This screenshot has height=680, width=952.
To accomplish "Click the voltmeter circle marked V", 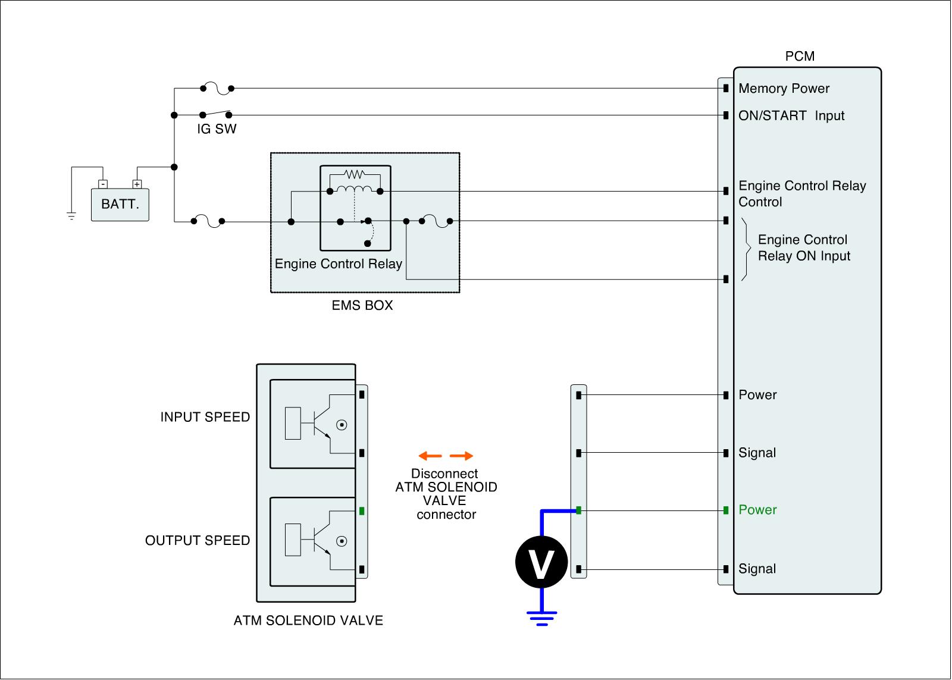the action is (x=541, y=562).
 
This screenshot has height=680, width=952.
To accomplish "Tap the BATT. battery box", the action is (x=120, y=205).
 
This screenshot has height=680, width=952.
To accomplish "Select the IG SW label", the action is (x=217, y=129).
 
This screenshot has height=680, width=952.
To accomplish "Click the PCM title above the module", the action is (x=800, y=56).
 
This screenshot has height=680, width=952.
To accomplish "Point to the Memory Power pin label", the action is (x=784, y=89).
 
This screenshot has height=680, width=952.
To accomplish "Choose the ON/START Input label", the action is (x=791, y=115).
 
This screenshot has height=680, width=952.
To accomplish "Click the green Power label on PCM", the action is (x=757, y=510).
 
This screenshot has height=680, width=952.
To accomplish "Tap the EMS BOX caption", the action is (x=362, y=305).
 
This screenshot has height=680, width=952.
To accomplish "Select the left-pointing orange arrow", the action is (x=430, y=456).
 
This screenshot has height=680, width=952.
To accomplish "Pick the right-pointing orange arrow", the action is (x=462, y=456).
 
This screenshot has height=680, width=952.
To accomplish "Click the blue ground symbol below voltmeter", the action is (x=541, y=618).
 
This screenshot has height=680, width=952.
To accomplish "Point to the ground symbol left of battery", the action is (x=71, y=216).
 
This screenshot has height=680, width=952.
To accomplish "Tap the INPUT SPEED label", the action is (x=205, y=417).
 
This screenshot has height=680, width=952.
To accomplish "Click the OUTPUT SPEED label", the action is (x=197, y=540).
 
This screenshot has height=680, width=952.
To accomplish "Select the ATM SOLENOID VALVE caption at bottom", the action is (x=308, y=621).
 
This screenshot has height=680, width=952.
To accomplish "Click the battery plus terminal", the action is (x=137, y=184).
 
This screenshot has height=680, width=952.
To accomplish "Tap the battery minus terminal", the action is (x=103, y=184).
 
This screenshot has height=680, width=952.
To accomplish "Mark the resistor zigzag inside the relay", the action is (x=354, y=174).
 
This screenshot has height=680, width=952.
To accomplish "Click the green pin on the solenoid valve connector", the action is (x=362, y=511).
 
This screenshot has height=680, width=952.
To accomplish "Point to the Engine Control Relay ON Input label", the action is (x=804, y=247).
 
